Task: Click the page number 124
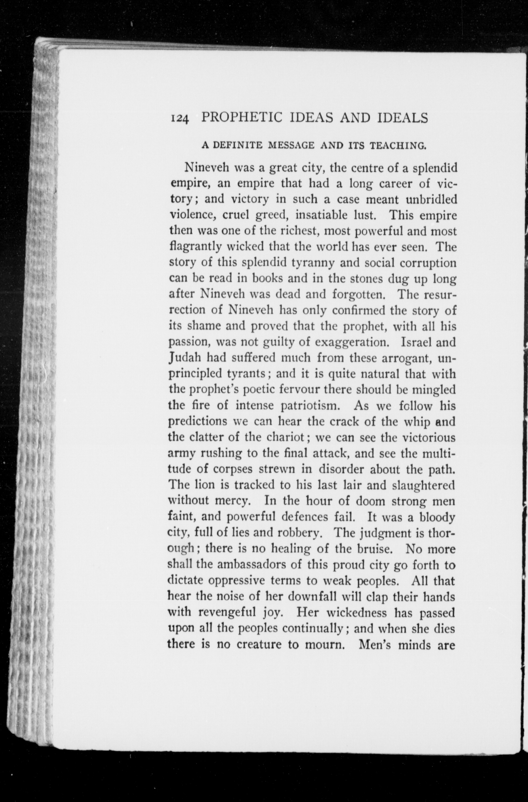(180, 119)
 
